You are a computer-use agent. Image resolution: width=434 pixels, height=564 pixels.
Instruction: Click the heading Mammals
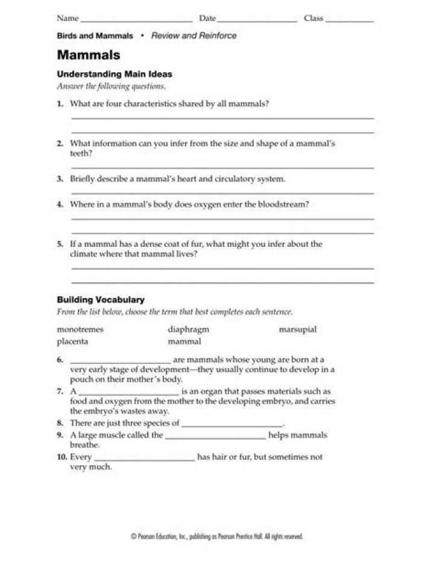point(89,55)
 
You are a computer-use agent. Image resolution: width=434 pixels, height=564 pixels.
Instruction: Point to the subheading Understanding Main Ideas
point(115,75)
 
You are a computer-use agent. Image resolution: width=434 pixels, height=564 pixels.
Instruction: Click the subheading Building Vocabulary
point(101,299)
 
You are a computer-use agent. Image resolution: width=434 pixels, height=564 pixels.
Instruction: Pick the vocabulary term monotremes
point(80,330)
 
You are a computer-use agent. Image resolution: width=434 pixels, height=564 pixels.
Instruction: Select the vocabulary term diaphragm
point(188,330)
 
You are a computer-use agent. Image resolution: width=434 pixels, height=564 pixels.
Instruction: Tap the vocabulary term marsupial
point(297,330)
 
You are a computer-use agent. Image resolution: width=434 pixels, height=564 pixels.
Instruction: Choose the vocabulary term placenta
point(72,341)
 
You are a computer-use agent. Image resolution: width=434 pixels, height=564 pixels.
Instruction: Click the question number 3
point(60,179)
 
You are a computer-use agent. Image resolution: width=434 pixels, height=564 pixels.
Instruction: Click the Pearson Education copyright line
point(216,536)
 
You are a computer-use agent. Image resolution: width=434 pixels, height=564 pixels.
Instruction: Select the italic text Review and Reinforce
point(193,36)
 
